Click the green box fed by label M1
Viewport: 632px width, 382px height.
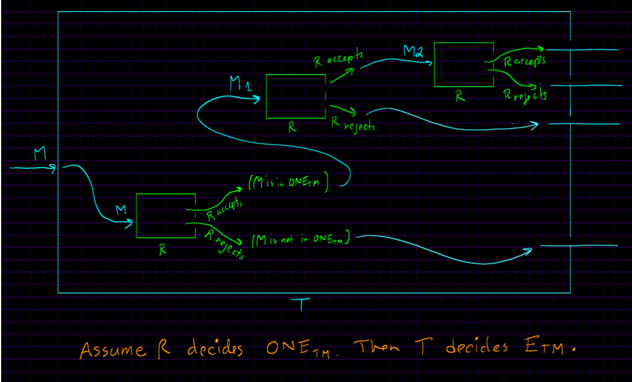[296, 96]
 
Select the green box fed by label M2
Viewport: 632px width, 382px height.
[464, 65]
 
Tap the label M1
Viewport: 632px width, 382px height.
[240, 86]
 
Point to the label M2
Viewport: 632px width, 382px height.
[414, 52]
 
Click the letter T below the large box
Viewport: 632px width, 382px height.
[300, 306]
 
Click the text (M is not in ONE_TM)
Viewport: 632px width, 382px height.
[301, 239]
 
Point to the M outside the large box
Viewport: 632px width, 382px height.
[39, 154]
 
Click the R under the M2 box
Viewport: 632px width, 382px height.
[460, 97]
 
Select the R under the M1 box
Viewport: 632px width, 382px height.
[293, 128]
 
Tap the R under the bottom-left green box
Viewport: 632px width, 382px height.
[164, 249]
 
